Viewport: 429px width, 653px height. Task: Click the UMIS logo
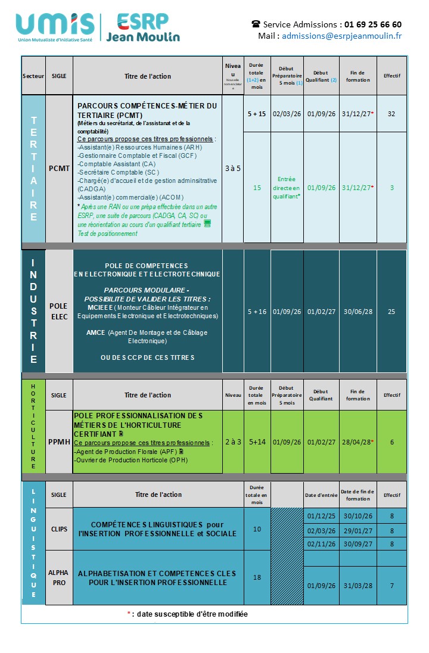tap(55, 27)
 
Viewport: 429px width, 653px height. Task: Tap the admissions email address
tap(341, 36)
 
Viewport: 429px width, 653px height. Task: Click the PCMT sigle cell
tap(59, 168)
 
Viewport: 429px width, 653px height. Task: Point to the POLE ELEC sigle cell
tap(59, 311)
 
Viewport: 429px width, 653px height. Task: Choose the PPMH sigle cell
tap(59, 442)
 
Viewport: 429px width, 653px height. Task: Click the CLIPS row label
tap(59, 529)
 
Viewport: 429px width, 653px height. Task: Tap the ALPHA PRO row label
tap(59, 577)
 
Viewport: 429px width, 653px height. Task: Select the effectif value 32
tap(391, 113)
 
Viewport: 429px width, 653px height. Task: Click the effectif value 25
tap(391, 312)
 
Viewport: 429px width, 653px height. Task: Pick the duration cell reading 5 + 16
tap(257, 312)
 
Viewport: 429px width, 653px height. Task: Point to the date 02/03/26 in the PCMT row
tap(287, 113)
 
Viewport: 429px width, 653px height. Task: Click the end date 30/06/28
tap(357, 312)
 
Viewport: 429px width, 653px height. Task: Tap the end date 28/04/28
tap(357, 442)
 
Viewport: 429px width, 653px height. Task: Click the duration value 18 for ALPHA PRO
tap(257, 577)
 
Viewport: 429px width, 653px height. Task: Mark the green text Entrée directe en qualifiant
tap(287, 187)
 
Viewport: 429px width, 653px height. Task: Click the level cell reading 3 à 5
tap(233, 168)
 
